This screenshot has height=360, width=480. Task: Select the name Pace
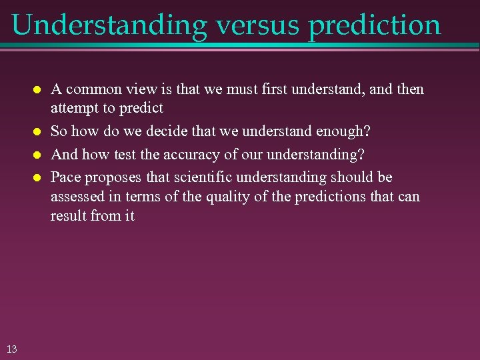point(65,177)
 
